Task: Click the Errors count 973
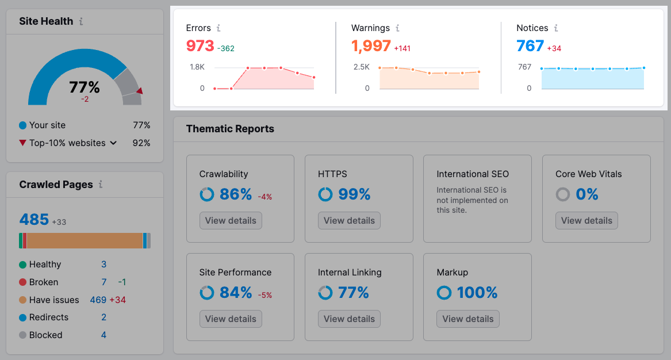200,46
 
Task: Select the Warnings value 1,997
371,46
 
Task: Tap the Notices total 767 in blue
530,46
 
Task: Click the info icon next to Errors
218,28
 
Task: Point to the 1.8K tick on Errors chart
197,67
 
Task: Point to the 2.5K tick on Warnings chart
362,67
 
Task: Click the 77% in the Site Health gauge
85,87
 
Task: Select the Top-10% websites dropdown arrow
113,143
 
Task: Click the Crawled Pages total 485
34,220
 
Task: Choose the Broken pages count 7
104,282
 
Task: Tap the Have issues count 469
98,300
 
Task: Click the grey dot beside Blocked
22,335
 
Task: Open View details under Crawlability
231,221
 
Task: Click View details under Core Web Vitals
586,221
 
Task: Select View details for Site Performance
231,319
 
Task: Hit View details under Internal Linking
349,319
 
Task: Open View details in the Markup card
467,319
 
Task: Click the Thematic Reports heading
230,129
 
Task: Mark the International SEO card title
473,174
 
